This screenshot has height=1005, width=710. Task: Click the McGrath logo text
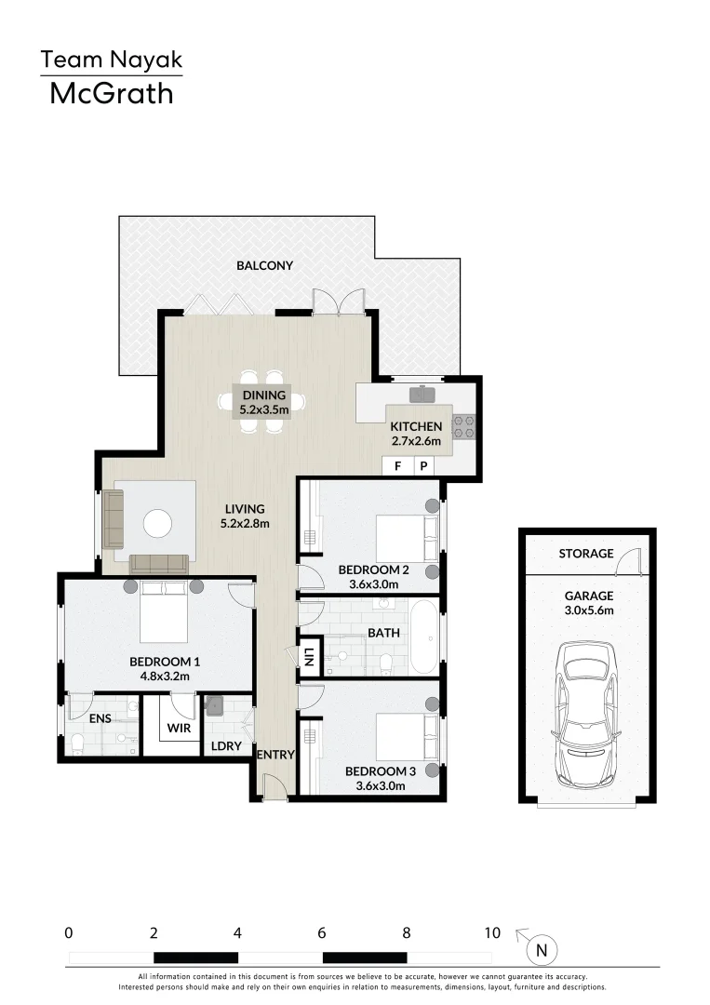click(111, 93)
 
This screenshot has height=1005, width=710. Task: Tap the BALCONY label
click(264, 265)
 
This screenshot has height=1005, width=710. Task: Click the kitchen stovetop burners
click(463, 426)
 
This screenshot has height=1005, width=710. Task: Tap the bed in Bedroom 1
click(164, 612)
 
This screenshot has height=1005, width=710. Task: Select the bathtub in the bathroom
click(423, 637)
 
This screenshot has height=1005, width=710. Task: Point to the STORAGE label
click(586, 554)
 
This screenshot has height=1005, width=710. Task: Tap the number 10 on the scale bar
click(492, 932)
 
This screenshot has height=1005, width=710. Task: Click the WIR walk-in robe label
click(179, 728)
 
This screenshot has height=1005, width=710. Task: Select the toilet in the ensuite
click(78, 743)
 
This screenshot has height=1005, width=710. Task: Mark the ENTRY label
click(275, 755)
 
